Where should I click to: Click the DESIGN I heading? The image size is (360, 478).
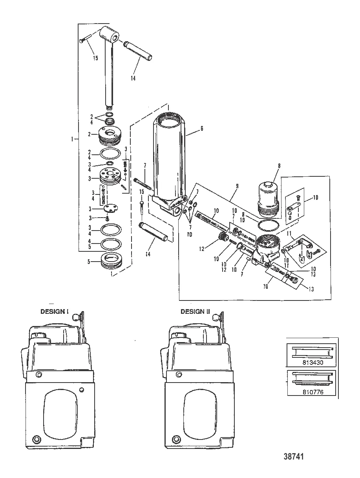click(x=55, y=311)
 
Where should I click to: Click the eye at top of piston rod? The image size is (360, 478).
click(x=110, y=36)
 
